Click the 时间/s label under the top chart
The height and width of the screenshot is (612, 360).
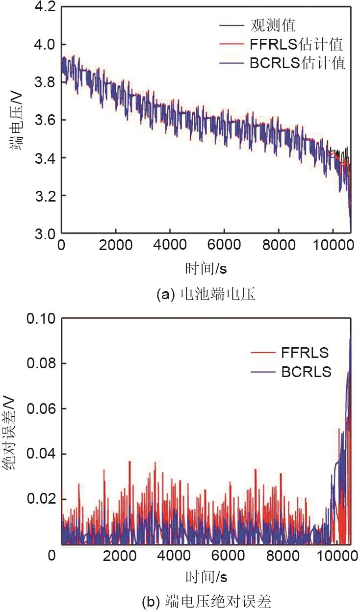(x=206, y=268)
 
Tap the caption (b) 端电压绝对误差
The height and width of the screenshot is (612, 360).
(x=206, y=600)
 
